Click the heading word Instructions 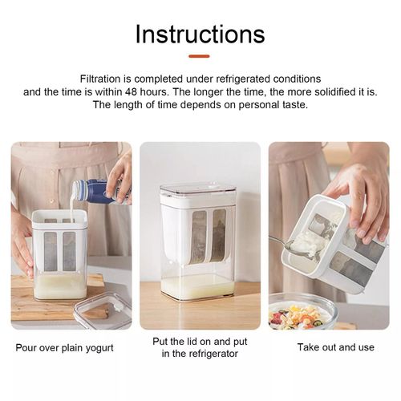(200, 34)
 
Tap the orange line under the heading (200, 56)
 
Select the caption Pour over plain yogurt (66, 348)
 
